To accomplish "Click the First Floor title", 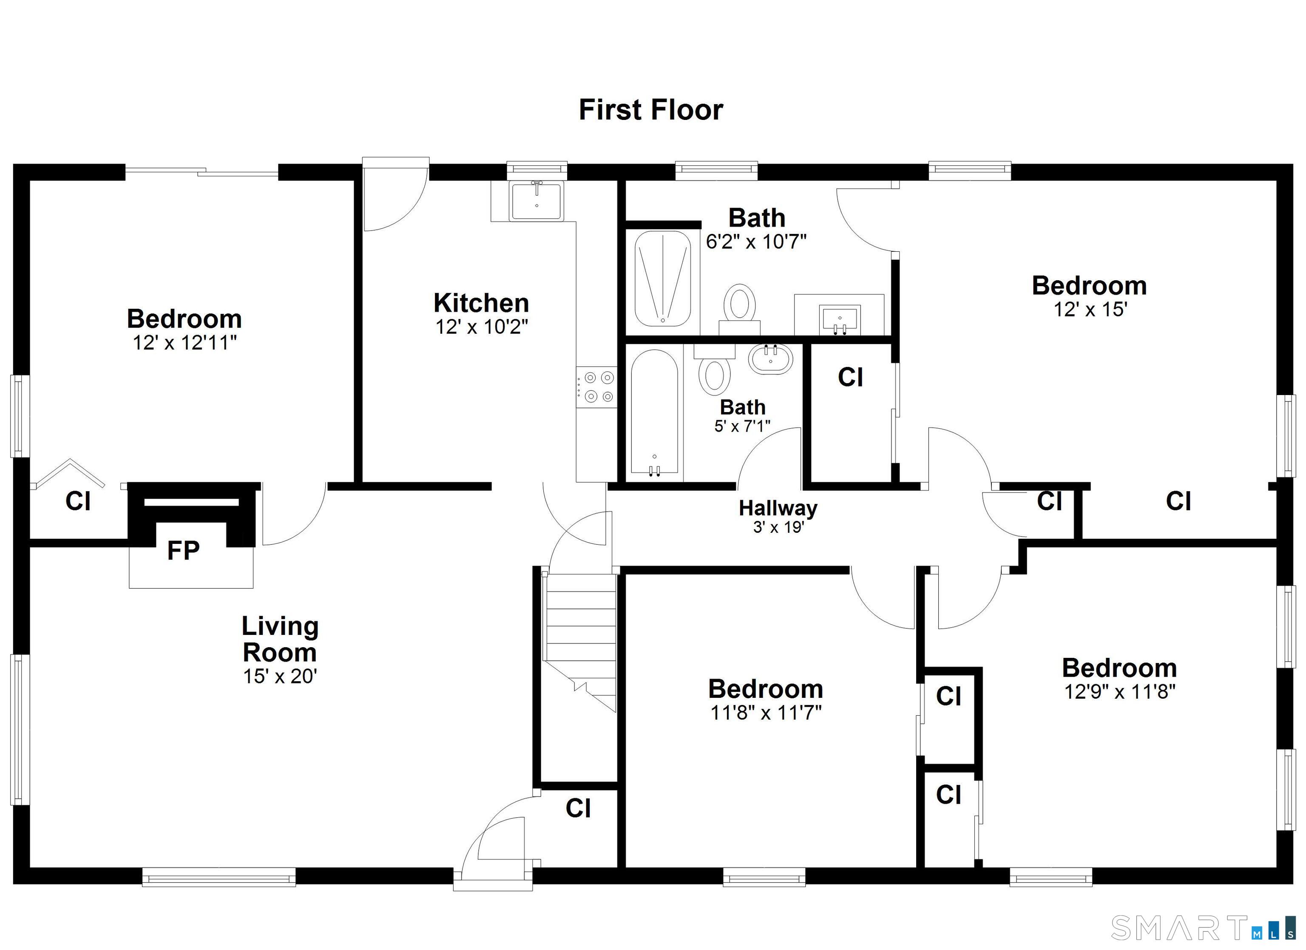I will point(651,110).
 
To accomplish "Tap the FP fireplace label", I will point(183,551).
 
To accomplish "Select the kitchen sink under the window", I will point(536,202).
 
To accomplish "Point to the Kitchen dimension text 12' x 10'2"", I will point(481,327).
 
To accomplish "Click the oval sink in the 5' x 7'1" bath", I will point(771,359).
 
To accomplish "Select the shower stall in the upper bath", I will point(662,279).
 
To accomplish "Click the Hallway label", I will point(778,508).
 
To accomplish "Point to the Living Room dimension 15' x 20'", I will point(280,676).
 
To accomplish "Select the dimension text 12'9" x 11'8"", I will point(1119,691).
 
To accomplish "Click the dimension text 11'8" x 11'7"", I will point(765,713).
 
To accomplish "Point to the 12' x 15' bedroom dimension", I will point(1090,310).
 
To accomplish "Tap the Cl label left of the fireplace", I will point(78,501).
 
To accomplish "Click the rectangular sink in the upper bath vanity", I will point(840,319).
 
